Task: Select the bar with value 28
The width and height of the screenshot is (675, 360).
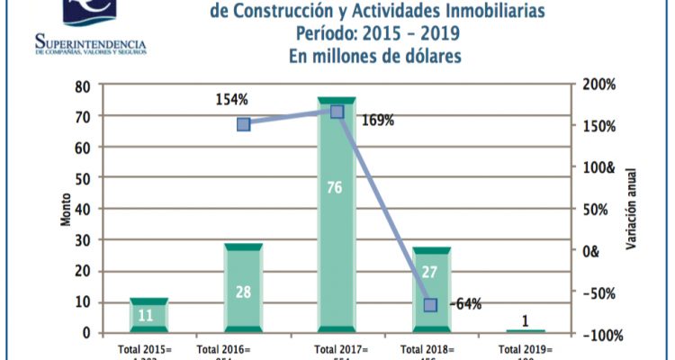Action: [243, 287]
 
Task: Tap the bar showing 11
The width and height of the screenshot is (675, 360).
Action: [148, 315]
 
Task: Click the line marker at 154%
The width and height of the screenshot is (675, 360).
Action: [243, 124]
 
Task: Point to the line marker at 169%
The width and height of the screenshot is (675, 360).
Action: [337, 112]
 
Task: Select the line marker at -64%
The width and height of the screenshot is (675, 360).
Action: [431, 305]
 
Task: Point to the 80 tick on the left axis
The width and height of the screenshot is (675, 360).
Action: [84, 86]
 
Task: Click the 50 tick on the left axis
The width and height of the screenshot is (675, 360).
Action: [84, 178]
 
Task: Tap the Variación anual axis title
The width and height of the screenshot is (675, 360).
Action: [634, 209]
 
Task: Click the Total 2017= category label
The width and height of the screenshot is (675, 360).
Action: [337, 349]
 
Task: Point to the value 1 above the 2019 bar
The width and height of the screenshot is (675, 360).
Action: [526, 320]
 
